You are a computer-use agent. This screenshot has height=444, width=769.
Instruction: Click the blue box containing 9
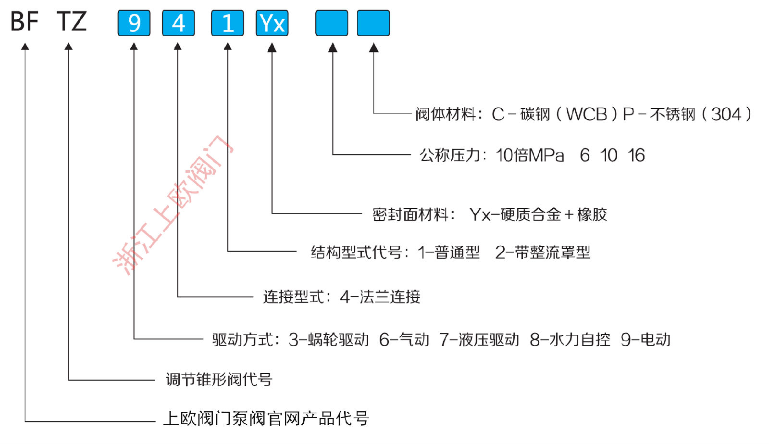[134, 23]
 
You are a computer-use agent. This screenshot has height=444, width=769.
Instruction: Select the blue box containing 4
[178, 23]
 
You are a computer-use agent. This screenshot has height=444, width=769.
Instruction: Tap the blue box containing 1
[227, 23]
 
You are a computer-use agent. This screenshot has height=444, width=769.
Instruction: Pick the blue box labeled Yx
[272, 23]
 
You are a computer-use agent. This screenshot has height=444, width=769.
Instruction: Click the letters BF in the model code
[25, 22]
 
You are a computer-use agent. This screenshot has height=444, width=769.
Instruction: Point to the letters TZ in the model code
[72, 22]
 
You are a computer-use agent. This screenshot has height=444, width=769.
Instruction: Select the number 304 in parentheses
[726, 114]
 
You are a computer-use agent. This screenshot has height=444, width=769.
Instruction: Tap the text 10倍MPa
[530, 155]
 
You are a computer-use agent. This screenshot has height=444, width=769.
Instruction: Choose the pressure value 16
[636, 155]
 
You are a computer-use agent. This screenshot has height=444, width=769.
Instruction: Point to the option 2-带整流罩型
[543, 253]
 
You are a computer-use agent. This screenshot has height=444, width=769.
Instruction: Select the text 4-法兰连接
[380, 297]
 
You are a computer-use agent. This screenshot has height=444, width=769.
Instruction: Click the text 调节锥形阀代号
[219, 380]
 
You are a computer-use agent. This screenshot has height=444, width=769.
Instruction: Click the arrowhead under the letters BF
[25, 47]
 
